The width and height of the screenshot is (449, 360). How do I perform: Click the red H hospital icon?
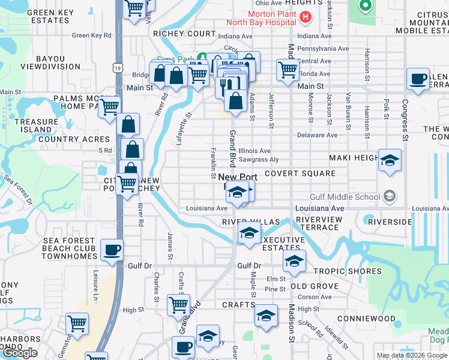click(306, 17)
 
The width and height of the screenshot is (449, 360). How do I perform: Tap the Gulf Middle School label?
click(346, 197)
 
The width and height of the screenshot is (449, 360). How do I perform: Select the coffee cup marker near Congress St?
click(418, 79)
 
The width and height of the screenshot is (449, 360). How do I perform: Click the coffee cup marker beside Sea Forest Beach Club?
click(111, 250)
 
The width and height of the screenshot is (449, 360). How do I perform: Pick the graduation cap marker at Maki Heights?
click(390, 161)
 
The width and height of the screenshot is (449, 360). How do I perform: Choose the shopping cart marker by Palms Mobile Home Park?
click(109, 107)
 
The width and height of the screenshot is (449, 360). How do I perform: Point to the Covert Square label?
click(300, 173)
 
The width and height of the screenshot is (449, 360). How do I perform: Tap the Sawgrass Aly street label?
click(258, 160)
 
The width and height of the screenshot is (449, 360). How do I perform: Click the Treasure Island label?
click(37, 125)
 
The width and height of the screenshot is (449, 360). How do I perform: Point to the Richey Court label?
click(184, 34)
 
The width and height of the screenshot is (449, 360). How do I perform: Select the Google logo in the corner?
click(19, 353)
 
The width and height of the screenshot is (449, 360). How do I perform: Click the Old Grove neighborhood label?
click(315, 286)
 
